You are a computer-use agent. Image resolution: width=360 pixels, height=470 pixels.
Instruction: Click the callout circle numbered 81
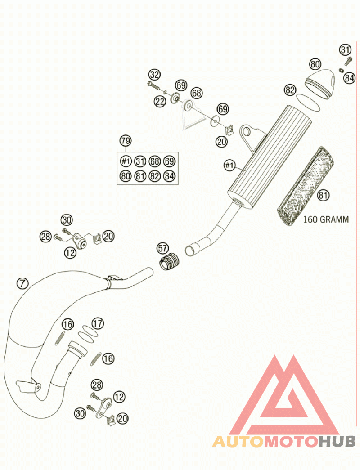(x=322, y=195)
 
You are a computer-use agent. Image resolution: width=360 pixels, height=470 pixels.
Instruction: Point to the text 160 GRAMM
(x=326, y=220)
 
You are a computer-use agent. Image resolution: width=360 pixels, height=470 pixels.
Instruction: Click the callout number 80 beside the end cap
(x=315, y=63)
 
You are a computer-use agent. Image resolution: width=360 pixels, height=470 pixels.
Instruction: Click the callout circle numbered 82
(x=290, y=90)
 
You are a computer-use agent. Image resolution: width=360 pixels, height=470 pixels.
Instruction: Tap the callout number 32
(x=155, y=74)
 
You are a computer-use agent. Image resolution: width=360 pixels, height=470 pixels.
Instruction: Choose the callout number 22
(x=160, y=102)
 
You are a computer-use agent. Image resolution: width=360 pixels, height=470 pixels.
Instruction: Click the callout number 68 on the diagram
(x=197, y=93)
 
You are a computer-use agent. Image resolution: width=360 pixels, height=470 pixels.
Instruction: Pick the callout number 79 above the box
(x=126, y=141)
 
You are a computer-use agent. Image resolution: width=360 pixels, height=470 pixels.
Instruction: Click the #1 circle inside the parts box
(x=126, y=161)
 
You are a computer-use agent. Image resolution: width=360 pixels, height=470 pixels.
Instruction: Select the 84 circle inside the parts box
(x=169, y=176)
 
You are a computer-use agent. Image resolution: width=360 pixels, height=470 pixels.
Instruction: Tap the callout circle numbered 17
(x=98, y=323)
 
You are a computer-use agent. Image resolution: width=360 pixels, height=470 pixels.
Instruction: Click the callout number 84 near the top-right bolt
(x=349, y=78)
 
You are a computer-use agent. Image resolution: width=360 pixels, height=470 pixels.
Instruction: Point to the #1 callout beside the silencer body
(x=229, y=166)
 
